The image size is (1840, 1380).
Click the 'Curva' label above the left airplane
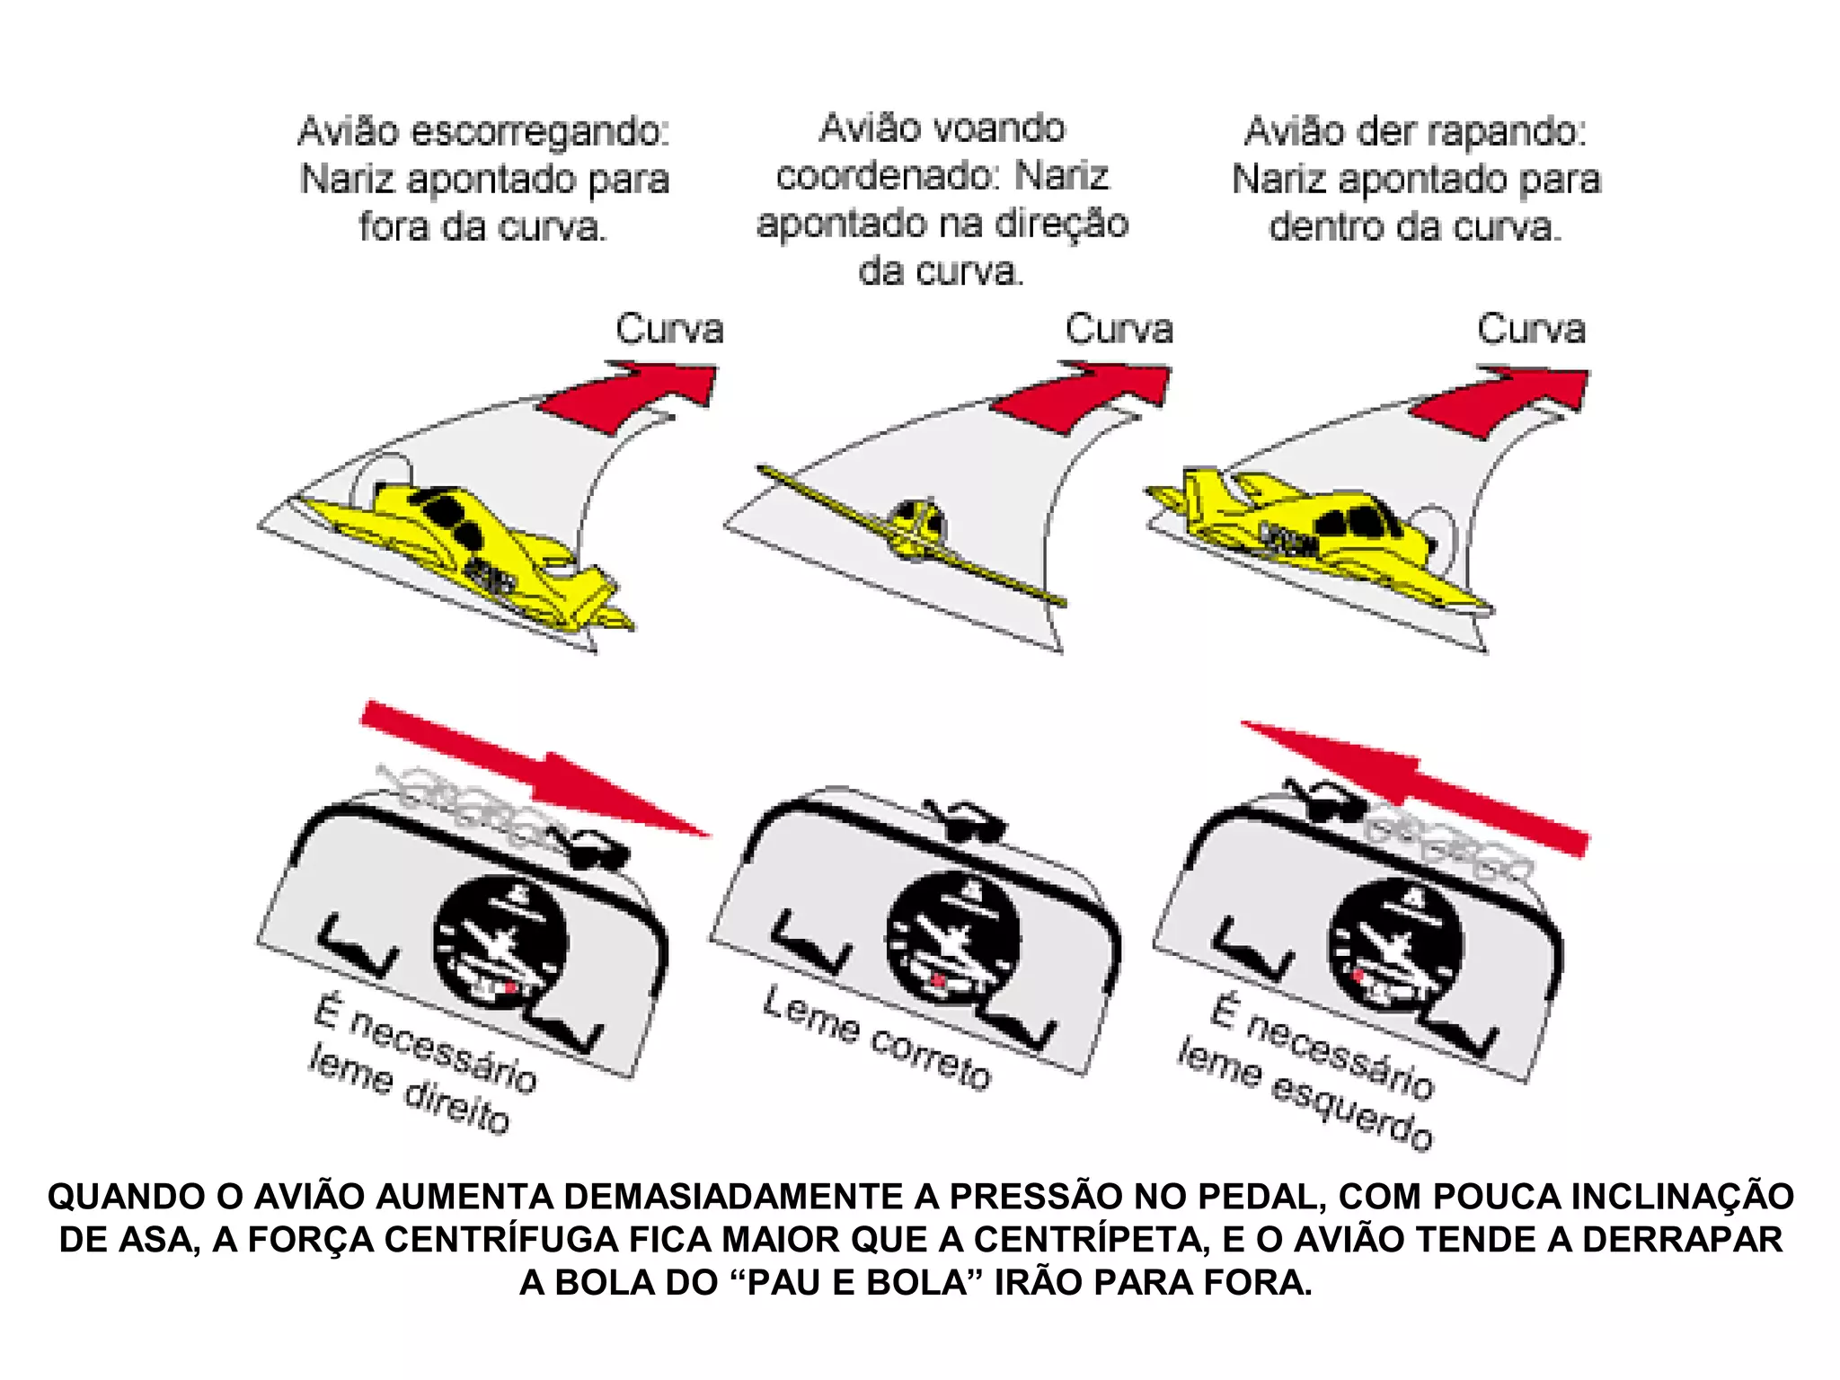(x=669, y=329)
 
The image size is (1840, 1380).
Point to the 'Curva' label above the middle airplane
(x=1119, y=329)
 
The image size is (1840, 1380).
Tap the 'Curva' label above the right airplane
(x=1531, y=329)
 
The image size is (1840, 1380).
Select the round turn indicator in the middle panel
(x=953, y=939)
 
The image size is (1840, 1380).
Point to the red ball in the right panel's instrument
(x=1359, y=974)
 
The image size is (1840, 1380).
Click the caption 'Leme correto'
(x=877, y=1038)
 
